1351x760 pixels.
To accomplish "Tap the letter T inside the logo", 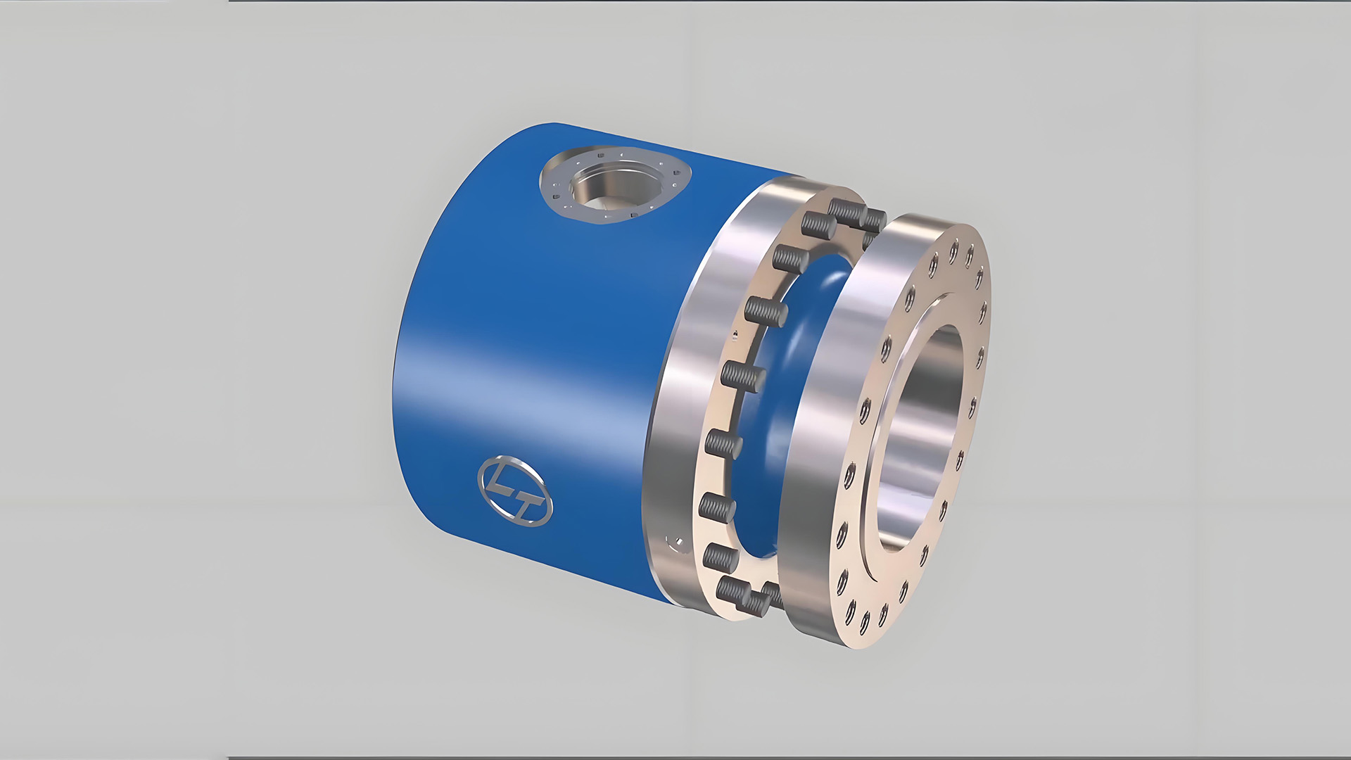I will point(527,501).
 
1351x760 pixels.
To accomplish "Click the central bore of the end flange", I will point(922,422).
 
